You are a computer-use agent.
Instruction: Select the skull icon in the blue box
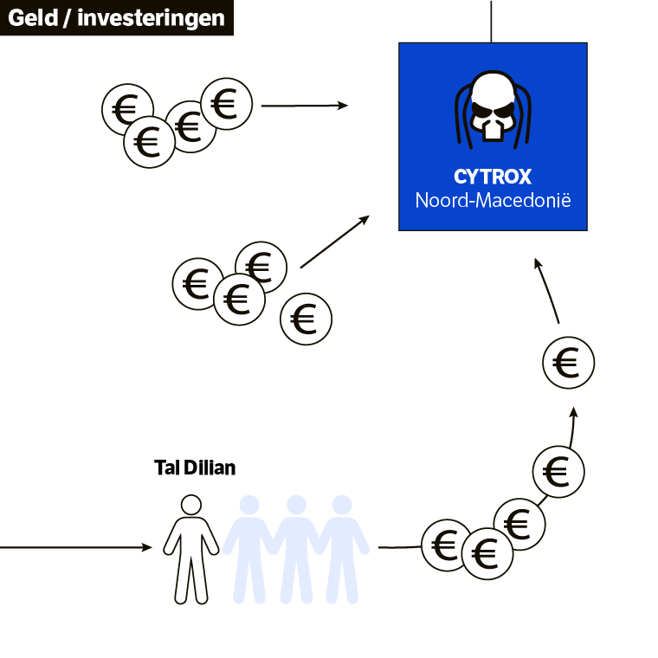pos(492,112)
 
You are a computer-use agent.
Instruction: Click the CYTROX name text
pos(493,177)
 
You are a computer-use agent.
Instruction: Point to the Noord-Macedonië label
pos(493,201)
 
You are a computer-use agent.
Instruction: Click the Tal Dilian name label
pos(195,468)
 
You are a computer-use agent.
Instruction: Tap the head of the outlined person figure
pos(191,505)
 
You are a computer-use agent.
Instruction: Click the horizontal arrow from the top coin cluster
pos(304,106)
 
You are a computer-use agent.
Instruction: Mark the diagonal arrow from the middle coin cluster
pos(334,242)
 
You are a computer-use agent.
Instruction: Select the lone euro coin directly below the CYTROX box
pos(568,363)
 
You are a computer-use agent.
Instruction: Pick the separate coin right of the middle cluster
pos(306,319)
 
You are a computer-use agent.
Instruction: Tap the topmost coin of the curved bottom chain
pos(558,471)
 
